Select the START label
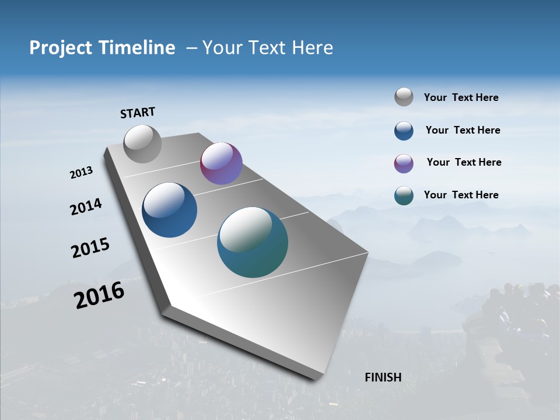(138, 113)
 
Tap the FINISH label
(383, 377)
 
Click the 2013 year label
(82, 173)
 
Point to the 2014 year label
(86, 206)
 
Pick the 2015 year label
(90, 248)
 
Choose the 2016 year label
(99, 295)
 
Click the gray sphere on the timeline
(143, 143)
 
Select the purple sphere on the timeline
(221, 163)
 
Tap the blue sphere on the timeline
(170, 210)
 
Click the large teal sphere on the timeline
(253, 242)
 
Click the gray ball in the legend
(404, 97)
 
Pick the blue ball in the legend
(404, 131)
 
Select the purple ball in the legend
(404, 163)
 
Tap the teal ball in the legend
(404, 195)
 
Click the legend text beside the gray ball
(461, 97)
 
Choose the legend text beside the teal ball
(461, 195)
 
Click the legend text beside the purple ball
(464, 162)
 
